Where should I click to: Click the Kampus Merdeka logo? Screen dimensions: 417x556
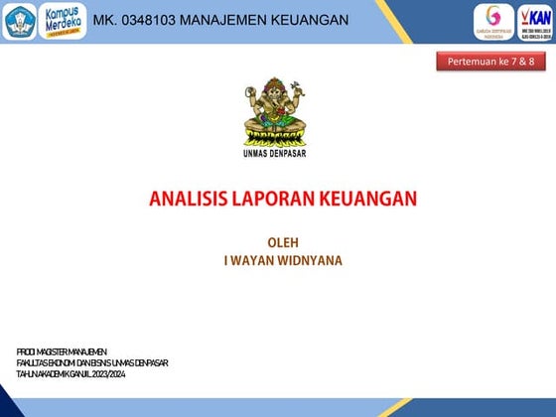[x=62, y=21]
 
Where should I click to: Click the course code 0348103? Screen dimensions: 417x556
[x=148, y=21]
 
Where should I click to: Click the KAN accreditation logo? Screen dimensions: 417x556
[x=533, y=21]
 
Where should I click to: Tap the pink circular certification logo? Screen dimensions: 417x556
[x=493, y=20]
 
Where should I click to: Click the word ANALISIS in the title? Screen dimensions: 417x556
[x=185, y=199]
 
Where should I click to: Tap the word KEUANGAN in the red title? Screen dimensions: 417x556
[x=368, y=199]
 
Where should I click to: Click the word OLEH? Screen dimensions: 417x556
[x=283, y=242]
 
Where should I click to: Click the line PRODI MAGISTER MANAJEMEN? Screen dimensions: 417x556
[x=62, y=351]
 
